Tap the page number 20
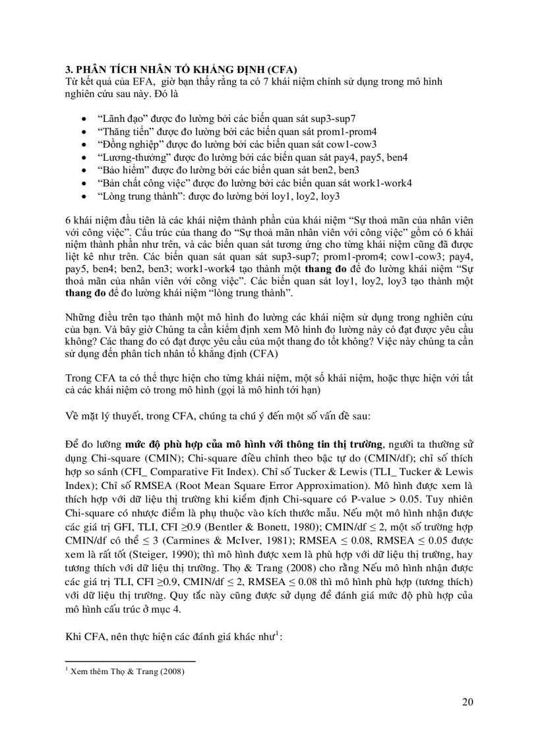pyautogui.click(x=467, y=701)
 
